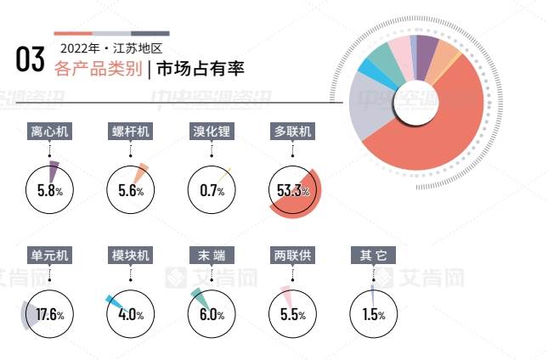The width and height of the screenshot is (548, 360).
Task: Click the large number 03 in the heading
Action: click(x=30, y=59)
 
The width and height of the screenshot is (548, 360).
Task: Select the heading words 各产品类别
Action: click(x=97, y=69)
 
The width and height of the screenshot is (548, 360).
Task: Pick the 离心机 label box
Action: click(x=50, y=132)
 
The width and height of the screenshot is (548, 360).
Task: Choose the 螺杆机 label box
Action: click(x=131, y=132)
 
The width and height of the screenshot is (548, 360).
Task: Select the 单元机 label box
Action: click(x=50, y=256)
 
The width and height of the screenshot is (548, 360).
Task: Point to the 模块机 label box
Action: click(x=131, y=256)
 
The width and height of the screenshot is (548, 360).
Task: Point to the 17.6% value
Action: click(x=50, y=315)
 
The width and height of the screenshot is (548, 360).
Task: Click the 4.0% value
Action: click(x=131, y=315)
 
